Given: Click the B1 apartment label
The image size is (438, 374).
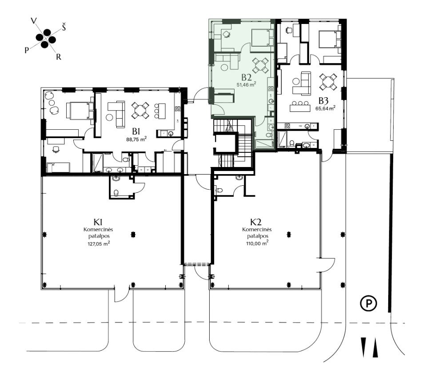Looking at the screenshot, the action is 136,131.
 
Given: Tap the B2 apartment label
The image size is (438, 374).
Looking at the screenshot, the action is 247,77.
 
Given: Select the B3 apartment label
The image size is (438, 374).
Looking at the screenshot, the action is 323,100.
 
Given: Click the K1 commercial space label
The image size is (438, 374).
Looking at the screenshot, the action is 98,222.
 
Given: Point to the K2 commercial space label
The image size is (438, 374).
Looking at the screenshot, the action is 256,222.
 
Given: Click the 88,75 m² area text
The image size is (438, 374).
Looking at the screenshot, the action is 136,139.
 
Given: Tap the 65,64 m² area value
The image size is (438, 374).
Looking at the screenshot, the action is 326,108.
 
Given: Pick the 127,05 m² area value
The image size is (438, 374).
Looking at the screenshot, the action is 98,243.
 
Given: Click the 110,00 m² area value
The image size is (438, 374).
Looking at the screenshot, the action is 257,243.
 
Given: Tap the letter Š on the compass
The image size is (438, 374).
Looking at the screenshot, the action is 64,28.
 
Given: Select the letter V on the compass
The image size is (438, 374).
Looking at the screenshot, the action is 34,21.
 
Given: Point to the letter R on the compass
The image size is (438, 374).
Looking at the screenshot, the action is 58,57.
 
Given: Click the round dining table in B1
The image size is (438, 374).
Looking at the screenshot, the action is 140,110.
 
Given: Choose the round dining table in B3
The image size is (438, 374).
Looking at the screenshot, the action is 328,82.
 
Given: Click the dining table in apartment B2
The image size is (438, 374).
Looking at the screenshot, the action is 260,66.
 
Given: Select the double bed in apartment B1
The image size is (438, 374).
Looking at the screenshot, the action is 80,111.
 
